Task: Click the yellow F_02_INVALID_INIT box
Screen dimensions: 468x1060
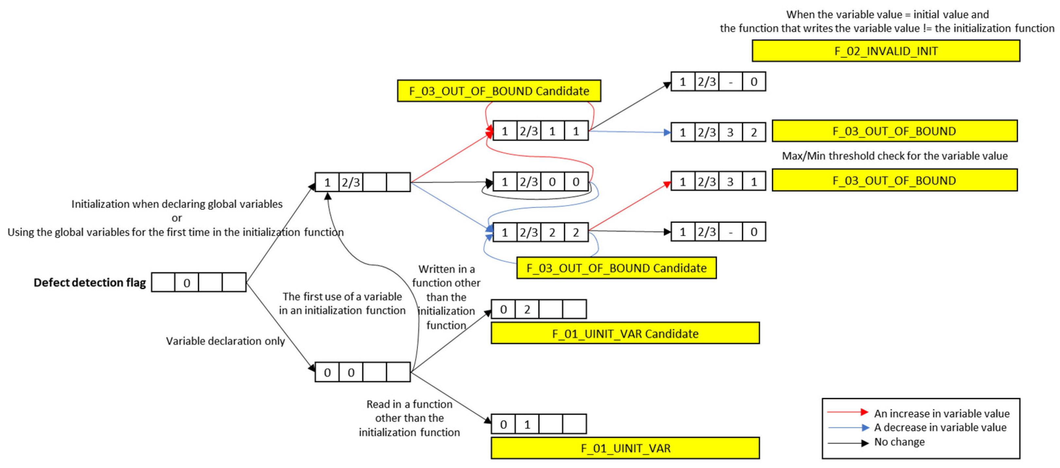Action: click(886, 51)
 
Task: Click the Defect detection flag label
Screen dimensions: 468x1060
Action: click(90, 282)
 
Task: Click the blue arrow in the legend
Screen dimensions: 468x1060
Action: click(848, 428)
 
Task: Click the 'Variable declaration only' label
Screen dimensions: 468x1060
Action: click(225, 341)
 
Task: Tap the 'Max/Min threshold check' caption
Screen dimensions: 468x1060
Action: click(895, 156)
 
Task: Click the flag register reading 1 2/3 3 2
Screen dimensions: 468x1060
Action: click(718, 132)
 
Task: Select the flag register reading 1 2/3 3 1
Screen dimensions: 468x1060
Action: click(718, 181)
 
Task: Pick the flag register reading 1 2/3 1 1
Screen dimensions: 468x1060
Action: click(540, 131)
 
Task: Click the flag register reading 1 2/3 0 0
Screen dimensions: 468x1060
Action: click(540, 182)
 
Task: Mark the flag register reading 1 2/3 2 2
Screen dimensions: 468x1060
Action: click(540, 232)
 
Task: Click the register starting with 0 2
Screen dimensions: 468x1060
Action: click(539, 309)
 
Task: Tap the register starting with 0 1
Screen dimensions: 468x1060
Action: click(539, 424)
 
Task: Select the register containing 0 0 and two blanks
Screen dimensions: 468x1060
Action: click(363, 372)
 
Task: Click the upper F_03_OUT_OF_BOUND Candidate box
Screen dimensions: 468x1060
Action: click(499, 91)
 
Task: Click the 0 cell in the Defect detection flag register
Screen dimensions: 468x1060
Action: click(187, 283)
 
